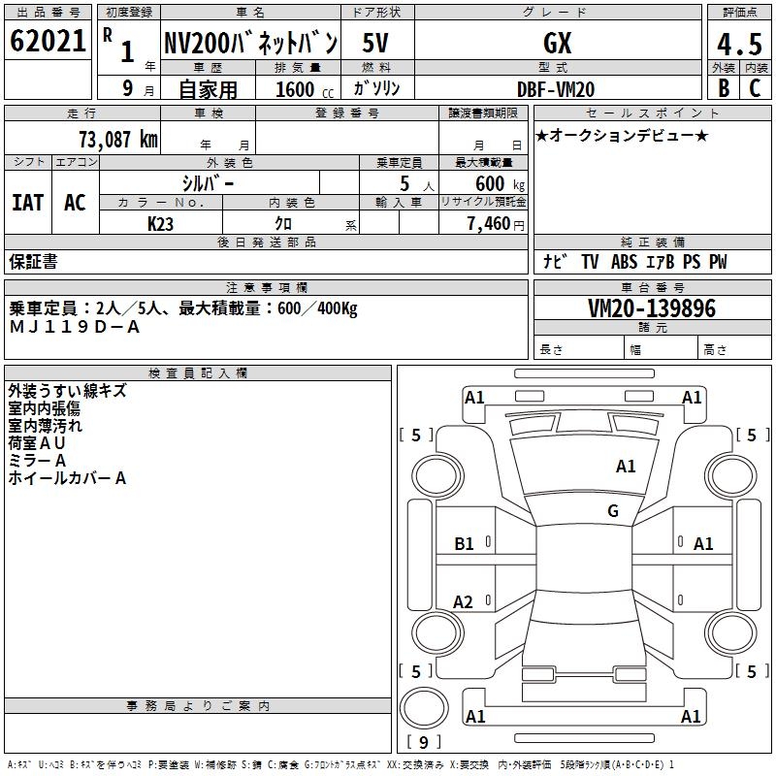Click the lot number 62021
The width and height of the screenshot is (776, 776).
click(48, 42)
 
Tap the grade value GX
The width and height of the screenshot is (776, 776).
click(557, 44)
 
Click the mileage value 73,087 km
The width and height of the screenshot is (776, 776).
click(116, 139)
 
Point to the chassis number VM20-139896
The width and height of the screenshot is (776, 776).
click(652, 309)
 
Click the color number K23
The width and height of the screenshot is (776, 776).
click(160, 223)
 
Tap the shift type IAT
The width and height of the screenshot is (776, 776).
click(28, 203)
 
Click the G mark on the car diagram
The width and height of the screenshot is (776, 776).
click(612, 511)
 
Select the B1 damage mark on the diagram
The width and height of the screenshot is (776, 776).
click(465, 544)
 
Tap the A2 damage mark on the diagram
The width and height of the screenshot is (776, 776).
click(464, 602)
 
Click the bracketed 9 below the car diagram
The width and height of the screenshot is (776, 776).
click(424, 742)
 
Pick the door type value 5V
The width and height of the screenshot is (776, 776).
click(376, 44)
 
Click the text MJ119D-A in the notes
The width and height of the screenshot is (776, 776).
click(75, 327)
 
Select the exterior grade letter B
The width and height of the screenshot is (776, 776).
click(724, 89)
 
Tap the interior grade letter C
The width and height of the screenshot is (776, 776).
click(755, 89)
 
